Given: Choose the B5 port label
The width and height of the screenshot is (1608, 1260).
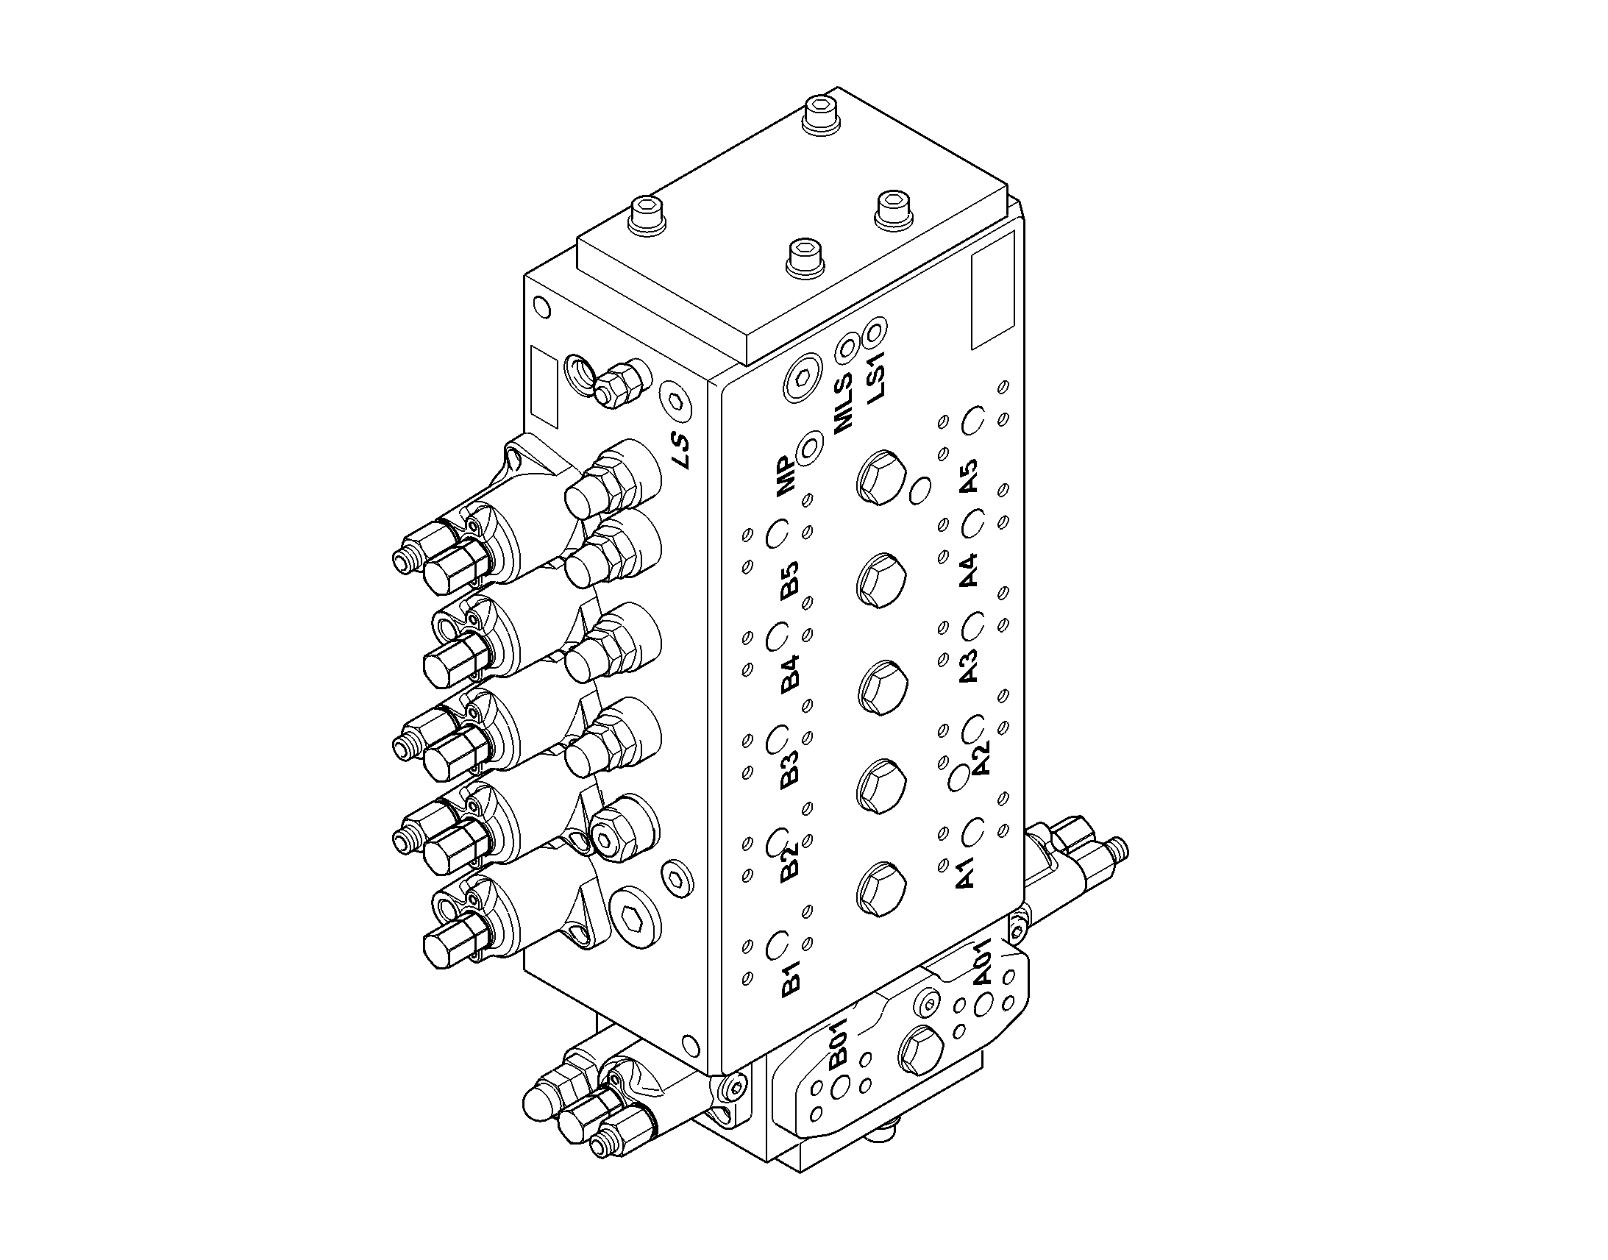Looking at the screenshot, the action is click(x=789, y=580).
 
